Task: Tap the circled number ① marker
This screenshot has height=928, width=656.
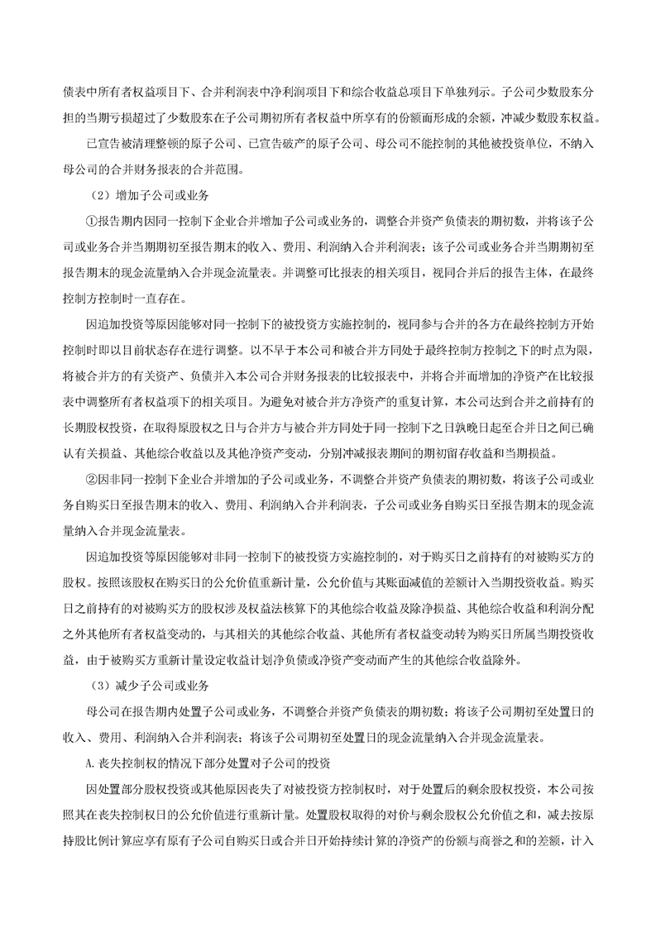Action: (92, 222)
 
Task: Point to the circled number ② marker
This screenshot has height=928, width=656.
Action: (92, 478)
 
